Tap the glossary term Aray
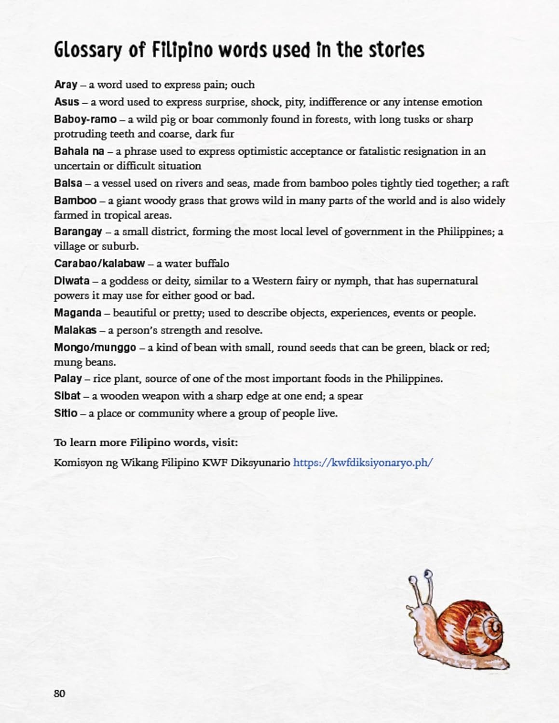66,85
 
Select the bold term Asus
67,102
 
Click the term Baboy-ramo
85,120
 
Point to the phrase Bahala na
79,151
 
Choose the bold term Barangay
78,232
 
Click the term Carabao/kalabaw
99,264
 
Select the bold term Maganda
78,313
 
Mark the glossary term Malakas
75,330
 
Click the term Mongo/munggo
95,348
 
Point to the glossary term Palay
68,379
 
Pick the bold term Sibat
67,396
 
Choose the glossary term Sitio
66,414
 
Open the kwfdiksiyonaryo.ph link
363,463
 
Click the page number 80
59,694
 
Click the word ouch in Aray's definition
243,85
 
